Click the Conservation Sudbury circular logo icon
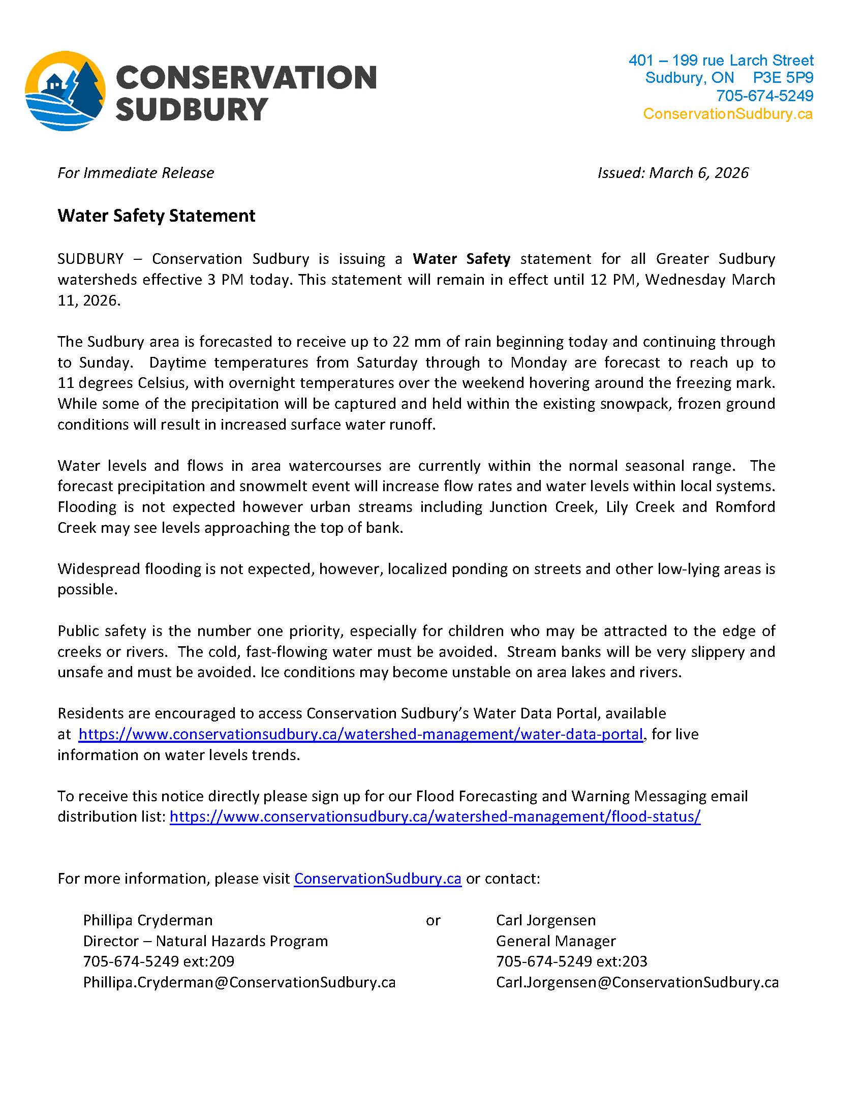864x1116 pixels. (x=66, y=91)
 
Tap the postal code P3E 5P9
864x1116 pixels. (x=783, y=78)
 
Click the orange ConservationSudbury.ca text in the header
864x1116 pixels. (x=727, y=113)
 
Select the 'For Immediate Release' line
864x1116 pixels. (x=135, y=173)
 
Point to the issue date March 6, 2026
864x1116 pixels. (x=698, y=173)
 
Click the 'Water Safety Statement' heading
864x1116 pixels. (x=156, y=216)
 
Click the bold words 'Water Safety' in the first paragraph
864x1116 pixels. (x=461, y=259)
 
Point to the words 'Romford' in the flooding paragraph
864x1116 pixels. (x=745, y=507)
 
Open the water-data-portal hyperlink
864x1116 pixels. (x=360, y=734)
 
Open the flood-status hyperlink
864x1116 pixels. (x=435, y=817)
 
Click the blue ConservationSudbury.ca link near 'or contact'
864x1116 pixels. (x=378, y=879)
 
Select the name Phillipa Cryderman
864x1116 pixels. (x=148, y=920)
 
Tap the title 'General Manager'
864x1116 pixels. (x=556, y=941)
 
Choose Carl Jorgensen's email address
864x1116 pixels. (x=637, y=982)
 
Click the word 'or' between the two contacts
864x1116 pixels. (x=433, y=920)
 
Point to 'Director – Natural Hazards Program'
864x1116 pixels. (x=205, y=941)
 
